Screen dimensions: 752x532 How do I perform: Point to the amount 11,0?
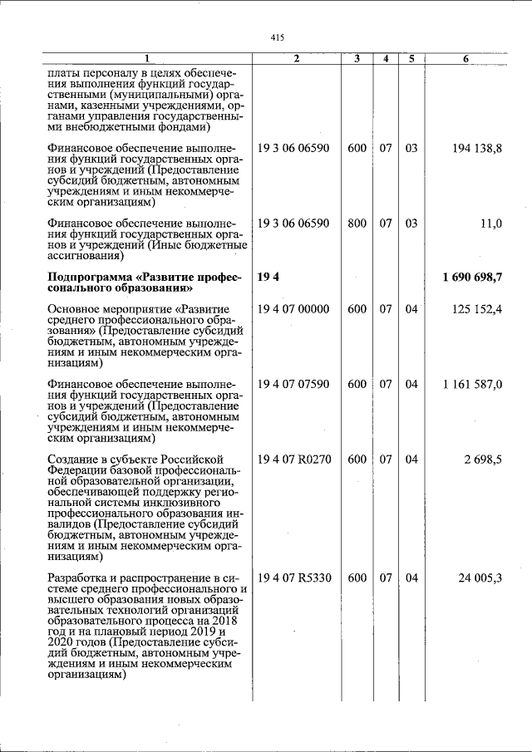pyautogui.click(x=491, y=224)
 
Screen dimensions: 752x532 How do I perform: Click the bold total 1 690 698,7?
pyautogui.click(x=472, y=277)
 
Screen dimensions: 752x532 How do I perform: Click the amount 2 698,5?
pyautogui.click(x=483, y=460)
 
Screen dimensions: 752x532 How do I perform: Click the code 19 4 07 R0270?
pyautogui.click(x=294, y=460)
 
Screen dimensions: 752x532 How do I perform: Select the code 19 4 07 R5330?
pyautogui.click(x=294, y=578)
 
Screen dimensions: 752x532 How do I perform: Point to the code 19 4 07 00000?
pyautogui.click(x=293, y=309)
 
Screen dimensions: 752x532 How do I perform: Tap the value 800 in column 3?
pyautogui.click(x=357, y=224)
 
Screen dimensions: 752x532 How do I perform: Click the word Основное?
pyautogui.click(x=78, y=309)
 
